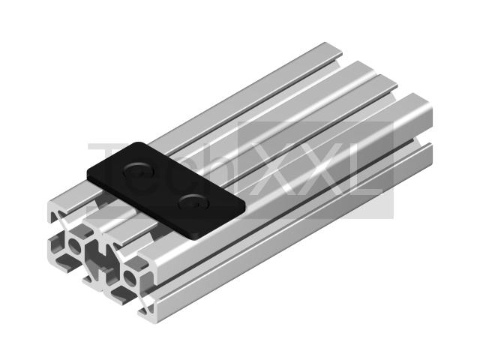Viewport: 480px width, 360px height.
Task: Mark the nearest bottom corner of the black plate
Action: click(x=196, y=238)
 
